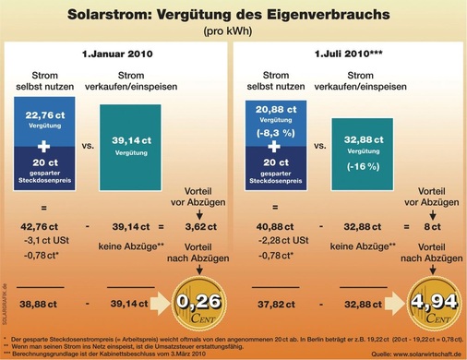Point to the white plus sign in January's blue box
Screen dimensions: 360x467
pyautogui.click(x=56, y=146)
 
